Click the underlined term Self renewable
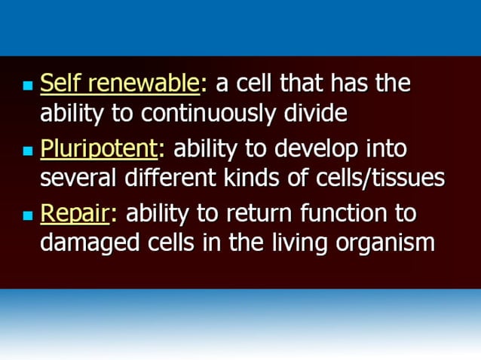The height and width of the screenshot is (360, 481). pyautogui.click(x=120, y=84)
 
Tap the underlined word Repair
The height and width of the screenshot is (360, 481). pyautogui.click(x=75, y=214)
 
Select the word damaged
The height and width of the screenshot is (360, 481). pyautogui.click(x=86, y=244)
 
